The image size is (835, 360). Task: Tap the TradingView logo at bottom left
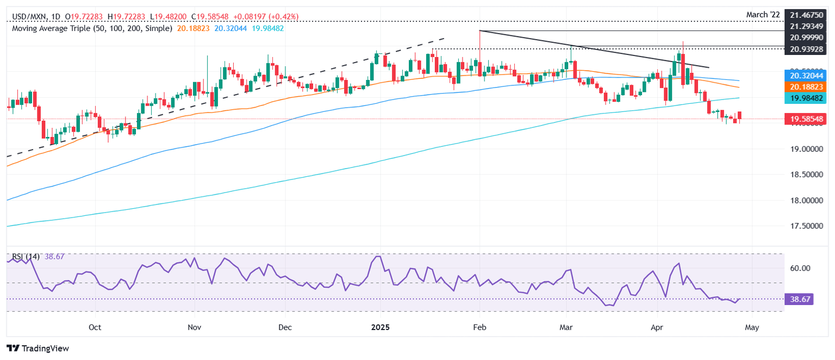tap(38, 348)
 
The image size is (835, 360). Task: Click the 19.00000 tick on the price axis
tap(807, 148)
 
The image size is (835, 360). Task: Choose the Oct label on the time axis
tap(95, 327)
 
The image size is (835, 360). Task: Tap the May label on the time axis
tap(751, 327)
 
